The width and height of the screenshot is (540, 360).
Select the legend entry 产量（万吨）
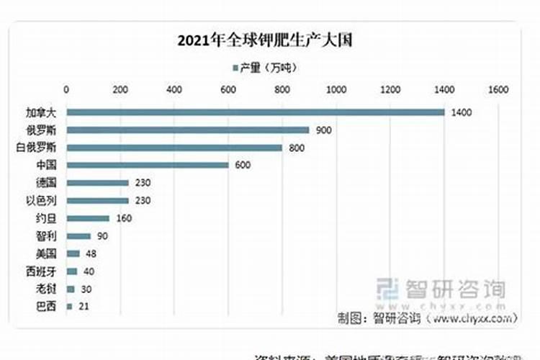pyautogui.click(x=264, y=68)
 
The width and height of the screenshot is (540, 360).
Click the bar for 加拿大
pyautogui.click(x=255, y=112)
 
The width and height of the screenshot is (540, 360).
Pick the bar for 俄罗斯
pyautogui.click(x=188, y=130)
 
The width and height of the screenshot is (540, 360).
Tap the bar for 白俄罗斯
pyautogui.click(x=174, y=148)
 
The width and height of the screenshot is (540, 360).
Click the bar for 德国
pyautogui.click(x=97, y=183)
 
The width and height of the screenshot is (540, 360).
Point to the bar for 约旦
pyautogui.click(x=88, y=218)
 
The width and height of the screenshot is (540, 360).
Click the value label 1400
pyautogui.click(x=462, y=113)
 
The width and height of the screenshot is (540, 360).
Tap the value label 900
pyautogui.click(x=325, y=130)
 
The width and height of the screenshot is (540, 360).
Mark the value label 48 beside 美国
pyautogui.click(x=91, y=253)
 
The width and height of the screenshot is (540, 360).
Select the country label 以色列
pyautogui.click(x=45, y=201)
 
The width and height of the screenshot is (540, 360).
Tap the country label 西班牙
pyautogui.click(x=45, y=271)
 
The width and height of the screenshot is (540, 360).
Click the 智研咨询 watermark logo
pyautogui.click(x=442, y=289)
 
